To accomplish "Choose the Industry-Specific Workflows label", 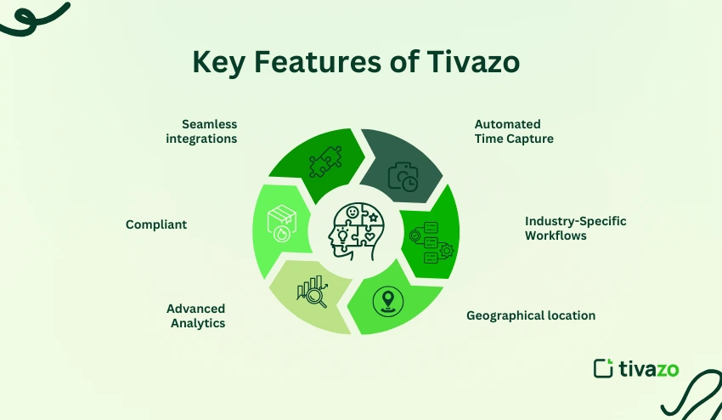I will [575, 228].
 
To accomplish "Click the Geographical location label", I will [531, 315].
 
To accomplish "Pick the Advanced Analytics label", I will [196, 315].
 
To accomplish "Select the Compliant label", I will [156, 225].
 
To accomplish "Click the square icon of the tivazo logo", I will [603, 368].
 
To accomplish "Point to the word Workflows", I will [556, 236].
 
